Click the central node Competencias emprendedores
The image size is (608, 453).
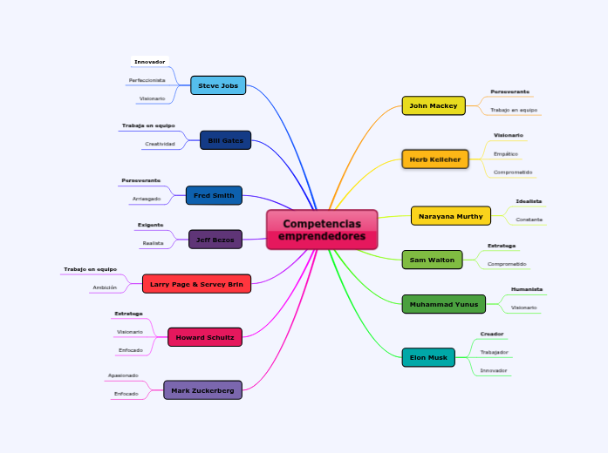322,230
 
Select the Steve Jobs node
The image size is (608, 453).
218,85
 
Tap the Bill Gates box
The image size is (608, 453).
226,140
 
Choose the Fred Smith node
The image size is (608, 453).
214,195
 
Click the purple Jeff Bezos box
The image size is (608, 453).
215,240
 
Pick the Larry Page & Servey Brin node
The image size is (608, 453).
196,284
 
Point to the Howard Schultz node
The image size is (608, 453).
205,337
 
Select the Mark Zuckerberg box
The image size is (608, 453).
202,390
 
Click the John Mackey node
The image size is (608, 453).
434,105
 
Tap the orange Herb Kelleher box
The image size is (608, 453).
435,159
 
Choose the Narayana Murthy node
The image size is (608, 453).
451,216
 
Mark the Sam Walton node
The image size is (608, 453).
432,260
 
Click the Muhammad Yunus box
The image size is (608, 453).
443,304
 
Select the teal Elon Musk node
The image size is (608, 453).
428,357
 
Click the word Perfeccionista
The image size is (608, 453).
147,80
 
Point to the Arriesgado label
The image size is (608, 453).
146,199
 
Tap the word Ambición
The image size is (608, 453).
105,287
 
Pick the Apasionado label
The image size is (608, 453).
123,375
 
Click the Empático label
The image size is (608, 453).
506,154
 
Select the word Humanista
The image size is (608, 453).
527,289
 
